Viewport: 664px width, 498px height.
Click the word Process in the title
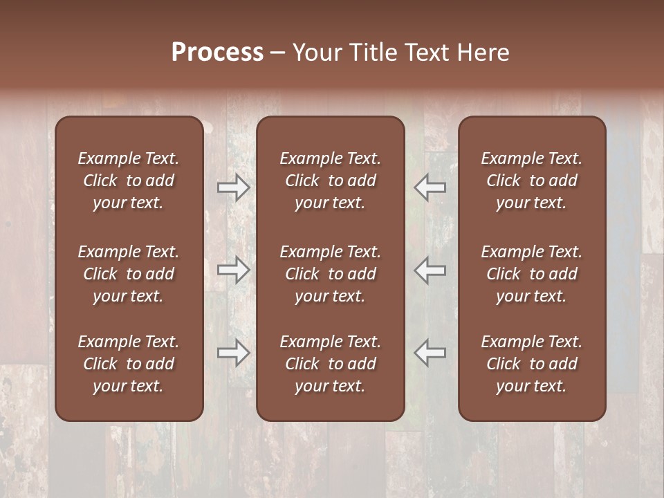coord(217,53)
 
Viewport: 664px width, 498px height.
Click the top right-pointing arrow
coord(233,187)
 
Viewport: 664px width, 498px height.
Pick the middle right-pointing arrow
coord(233,270)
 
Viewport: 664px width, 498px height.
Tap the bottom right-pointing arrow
coord(233,353)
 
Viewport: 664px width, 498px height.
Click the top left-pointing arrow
coord(430,187)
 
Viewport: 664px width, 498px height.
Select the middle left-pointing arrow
coord(430,270)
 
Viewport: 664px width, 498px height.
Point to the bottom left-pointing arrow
coord(430,353)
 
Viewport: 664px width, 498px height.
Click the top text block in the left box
coord(129,181)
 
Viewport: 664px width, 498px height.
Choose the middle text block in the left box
coord(129,274)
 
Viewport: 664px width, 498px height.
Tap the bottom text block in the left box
coord(129,364)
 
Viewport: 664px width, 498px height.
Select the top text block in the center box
coord(331,181)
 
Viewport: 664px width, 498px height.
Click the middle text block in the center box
coord(331,274)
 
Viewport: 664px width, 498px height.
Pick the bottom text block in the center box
coord(331,364)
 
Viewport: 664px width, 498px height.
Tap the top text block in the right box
coord(532,181)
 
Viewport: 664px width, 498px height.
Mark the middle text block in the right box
coord(532,274)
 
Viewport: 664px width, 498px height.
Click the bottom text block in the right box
coord(532,364)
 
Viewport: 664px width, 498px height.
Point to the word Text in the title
coord(427,53)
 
